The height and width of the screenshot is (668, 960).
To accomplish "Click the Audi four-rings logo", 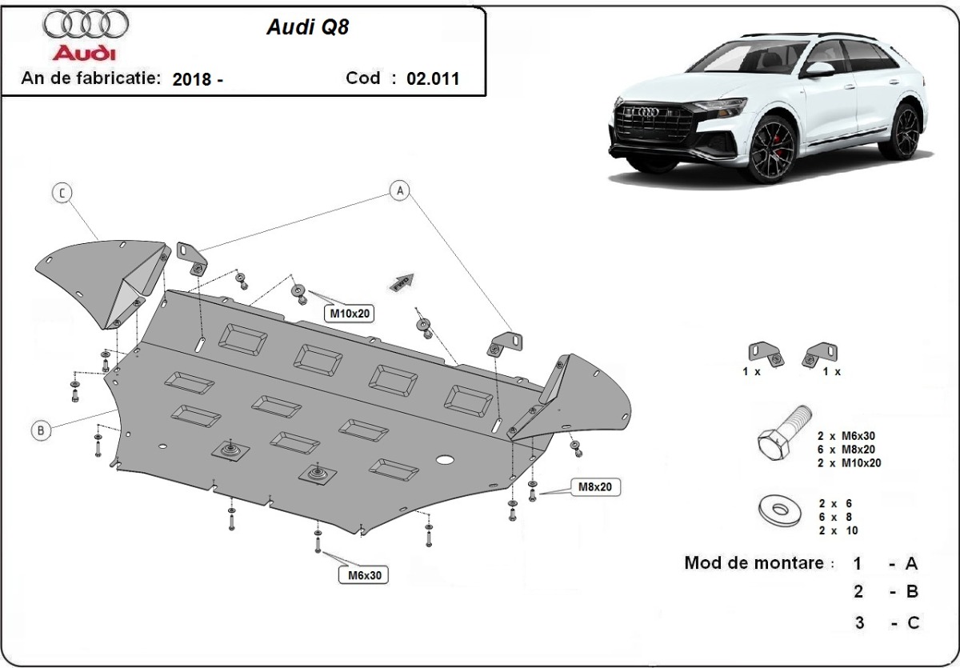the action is (86, 25).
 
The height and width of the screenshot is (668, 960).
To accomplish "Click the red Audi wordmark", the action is (84, 54).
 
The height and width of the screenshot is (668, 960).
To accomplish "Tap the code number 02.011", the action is (433, 78).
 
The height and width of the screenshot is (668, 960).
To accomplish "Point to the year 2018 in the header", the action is (192, 78).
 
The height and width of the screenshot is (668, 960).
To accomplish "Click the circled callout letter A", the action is (399, 190).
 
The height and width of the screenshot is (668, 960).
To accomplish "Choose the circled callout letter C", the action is (62, 192).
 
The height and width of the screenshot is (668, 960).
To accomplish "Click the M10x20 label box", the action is (350, 314).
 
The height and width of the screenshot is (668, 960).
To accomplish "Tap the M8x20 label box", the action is (595, 486).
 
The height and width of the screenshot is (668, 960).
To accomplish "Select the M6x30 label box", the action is (362, 574).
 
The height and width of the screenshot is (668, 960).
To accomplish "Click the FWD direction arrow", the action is (401, 281).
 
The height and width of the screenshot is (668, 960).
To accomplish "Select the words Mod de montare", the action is (754, 563).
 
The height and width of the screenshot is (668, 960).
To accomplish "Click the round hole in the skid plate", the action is (445, 460).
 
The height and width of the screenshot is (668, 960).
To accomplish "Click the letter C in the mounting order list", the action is (911, 622).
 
